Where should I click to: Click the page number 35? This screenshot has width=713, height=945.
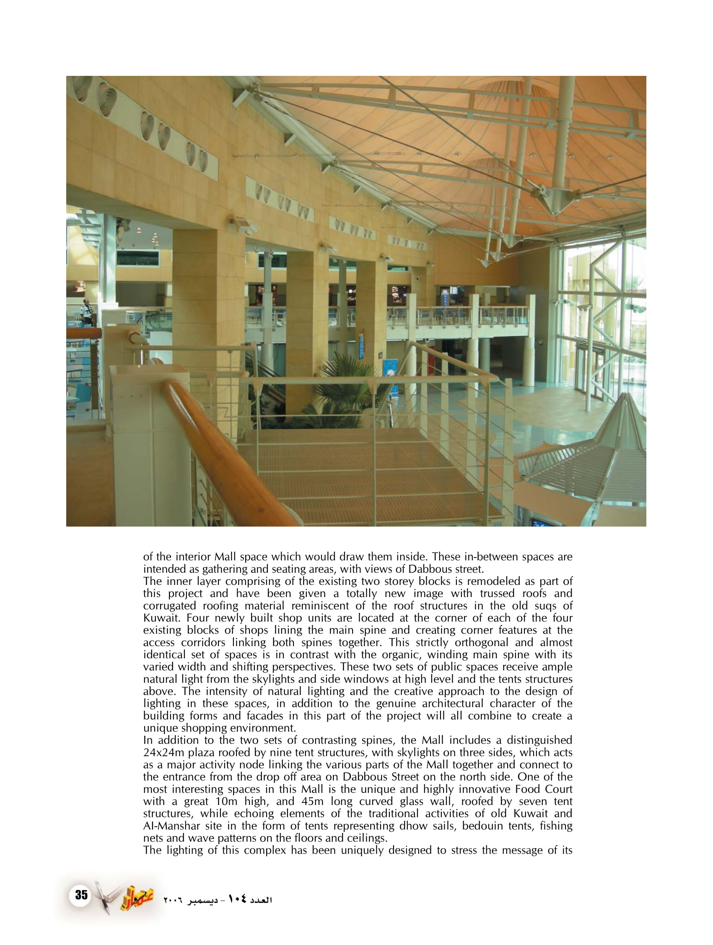click(x=81, y=895)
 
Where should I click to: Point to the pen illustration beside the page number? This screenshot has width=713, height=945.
click(x=104, y=897)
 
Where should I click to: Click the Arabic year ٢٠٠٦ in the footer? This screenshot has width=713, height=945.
click(x=173, y=901)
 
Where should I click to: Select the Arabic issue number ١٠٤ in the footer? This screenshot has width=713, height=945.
click(x=238, y=899)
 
